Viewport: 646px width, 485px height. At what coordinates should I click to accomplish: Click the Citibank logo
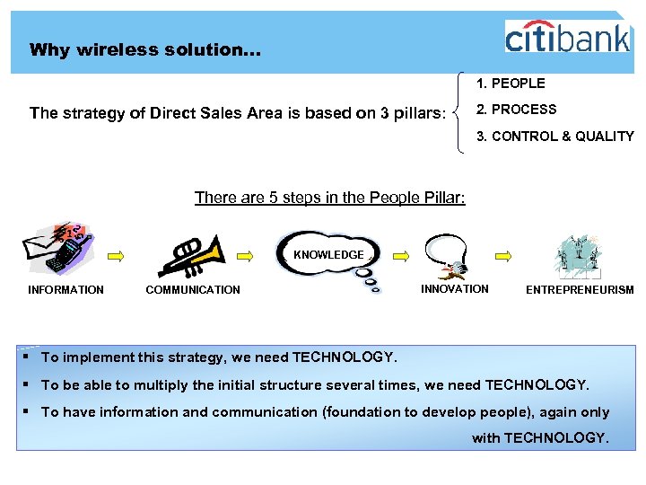point(567,37)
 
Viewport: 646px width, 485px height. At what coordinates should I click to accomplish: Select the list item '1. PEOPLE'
point(511,84)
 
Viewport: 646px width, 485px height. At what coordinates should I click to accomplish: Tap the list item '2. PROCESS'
point(516,110)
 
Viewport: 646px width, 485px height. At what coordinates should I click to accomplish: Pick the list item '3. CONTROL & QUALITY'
point(554,137)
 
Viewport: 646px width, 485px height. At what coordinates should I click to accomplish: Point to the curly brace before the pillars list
point(458,112)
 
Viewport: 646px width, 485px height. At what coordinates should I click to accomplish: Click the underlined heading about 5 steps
point(329,198)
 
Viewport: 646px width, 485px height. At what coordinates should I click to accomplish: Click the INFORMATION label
point(65,290)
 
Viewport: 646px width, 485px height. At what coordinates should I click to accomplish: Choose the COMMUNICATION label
point(193,290)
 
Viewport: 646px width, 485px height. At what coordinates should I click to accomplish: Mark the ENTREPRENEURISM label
point(579,290)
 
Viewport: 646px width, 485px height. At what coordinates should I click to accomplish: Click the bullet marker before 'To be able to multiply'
point(29,385)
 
